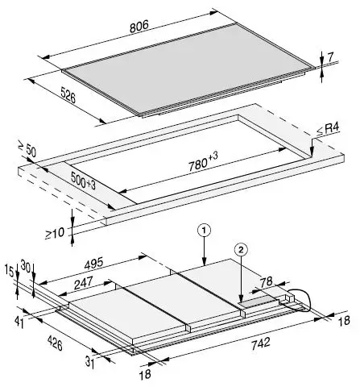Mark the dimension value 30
point(25,267)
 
